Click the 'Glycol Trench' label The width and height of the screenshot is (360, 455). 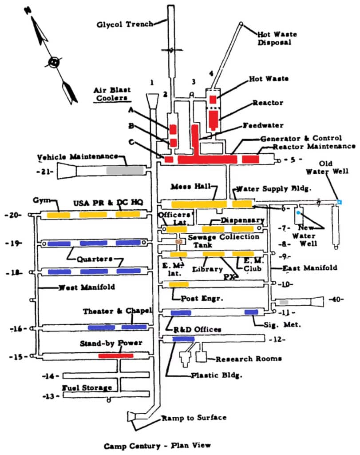(125, 24)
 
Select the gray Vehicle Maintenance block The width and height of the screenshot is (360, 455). (125, 170)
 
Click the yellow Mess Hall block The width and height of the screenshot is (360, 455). (199, 204)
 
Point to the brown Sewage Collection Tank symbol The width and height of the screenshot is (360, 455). (179, 241)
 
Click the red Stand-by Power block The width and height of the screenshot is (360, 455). (115, 355)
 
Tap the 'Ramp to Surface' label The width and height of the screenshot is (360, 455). (194, 418)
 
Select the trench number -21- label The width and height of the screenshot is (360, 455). (45, 171)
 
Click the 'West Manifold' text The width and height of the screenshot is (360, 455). (87, 287)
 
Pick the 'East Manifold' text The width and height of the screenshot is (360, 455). (310, 267)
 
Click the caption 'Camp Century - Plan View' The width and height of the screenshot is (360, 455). (157, 445)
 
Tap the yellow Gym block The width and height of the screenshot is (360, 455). (59, 215)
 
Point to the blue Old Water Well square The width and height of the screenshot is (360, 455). (339, 202)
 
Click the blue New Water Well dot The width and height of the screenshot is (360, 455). (298, 213)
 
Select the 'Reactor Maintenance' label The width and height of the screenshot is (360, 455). (314, 146)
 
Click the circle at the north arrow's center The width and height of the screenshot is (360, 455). (54, 62)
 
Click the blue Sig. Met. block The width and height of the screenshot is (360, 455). (251, 312)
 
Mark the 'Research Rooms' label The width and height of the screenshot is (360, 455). (248, 359)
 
